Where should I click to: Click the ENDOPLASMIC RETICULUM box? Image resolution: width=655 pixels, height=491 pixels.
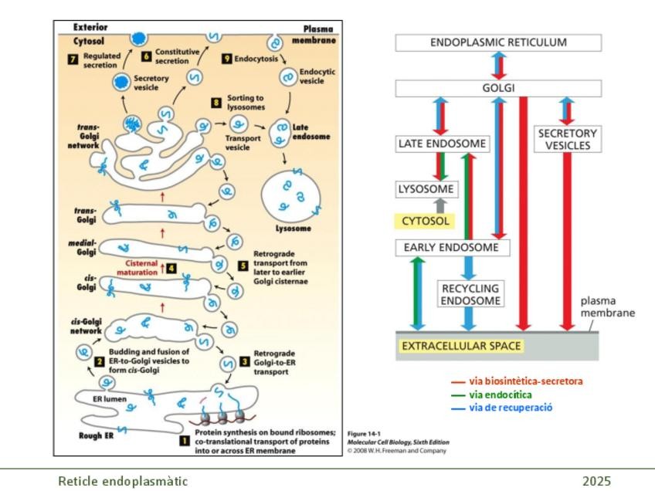[x=497, y=43]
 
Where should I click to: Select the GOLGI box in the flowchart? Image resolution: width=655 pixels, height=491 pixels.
[x=497, y=88]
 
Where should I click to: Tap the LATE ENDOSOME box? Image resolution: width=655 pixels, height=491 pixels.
[x=443, y=144]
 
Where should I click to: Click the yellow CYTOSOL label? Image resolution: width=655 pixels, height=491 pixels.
[x=425, y=222]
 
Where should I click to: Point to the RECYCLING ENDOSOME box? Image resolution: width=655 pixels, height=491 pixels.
[x=470, y=293]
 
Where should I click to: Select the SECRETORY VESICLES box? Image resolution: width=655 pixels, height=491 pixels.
[x=568, y=139]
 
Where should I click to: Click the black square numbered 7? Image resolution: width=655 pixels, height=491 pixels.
[x=73, y=60]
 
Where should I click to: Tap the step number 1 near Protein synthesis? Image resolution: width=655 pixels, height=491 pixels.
[x=183, y=440]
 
